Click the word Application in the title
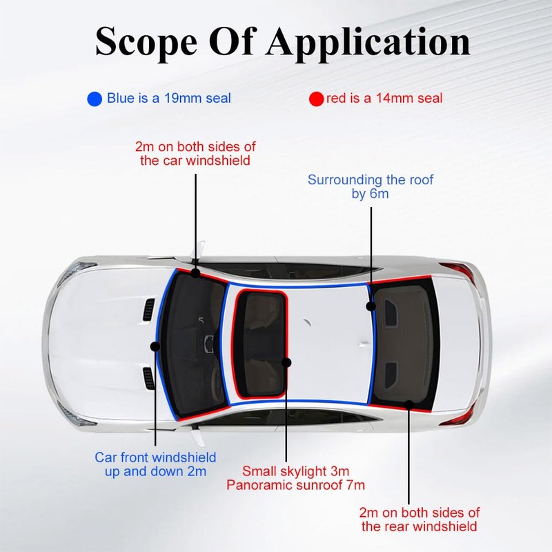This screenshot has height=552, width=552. click(x=366, y=43)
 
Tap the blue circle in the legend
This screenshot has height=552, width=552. click(x=95, y=99)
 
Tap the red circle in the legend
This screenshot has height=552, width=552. click(x=316, y=99)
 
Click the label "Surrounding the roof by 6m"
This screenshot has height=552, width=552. click(x=371, y=187)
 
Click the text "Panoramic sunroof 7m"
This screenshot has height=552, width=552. click(x=296, y=486)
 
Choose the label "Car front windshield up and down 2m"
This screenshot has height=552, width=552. click(x=155, y=464)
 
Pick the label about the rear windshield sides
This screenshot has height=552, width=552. click(x=419, y=520)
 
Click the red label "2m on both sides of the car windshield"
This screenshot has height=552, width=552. click(x=195, y=152)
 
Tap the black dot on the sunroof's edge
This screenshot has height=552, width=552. click(x=287, y=362)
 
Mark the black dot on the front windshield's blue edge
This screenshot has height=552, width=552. click(x=155, y=346)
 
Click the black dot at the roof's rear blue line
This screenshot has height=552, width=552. click(x=371, y=306)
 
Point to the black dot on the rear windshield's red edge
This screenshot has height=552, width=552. click(x=409, y=406)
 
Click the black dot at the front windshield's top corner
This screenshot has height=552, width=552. click(x=195, y=273)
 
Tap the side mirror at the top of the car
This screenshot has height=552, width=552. click(x=200, y=248)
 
